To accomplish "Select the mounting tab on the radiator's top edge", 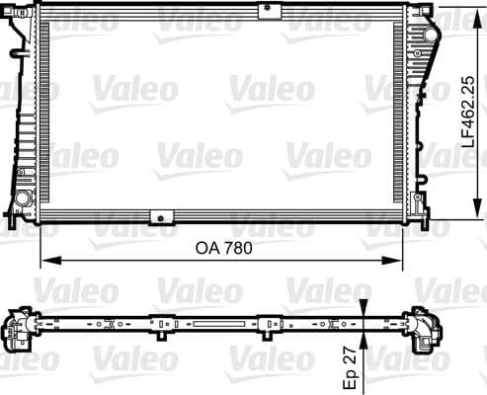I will (x=267, y=11).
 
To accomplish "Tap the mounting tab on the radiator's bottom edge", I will (x=158, y=217).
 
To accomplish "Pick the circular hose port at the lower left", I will (x=21, y=200).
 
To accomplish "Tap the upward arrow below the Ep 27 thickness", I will (x=364, y=341).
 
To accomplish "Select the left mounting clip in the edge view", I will (x=158, y=322).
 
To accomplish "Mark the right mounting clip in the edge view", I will (x=266, y=322).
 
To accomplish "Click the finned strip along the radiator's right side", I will (x=399, y=114).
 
